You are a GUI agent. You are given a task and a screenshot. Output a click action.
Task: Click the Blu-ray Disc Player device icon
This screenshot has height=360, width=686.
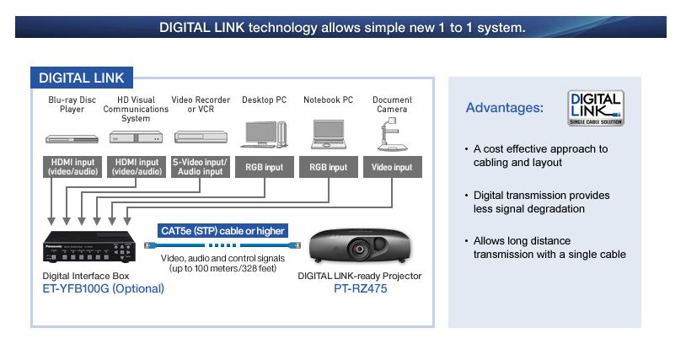click(72, 139)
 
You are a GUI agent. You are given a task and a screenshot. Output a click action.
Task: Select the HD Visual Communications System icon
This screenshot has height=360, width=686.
click(136, 137)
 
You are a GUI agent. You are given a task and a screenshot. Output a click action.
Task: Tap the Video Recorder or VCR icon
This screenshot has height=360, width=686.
click(201, 137)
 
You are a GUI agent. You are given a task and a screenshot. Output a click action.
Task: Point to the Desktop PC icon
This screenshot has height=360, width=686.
click(264, 134)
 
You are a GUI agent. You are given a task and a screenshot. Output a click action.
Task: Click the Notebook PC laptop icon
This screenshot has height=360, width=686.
click(329, 134)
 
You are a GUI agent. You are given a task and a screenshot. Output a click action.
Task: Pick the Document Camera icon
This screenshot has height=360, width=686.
click(392, 134)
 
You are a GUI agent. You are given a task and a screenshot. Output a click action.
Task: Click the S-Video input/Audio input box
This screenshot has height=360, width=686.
click(200, 167)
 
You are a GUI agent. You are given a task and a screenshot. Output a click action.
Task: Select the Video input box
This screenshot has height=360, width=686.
click(393, 167)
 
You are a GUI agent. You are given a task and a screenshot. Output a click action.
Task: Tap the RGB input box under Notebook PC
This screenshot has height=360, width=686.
click(328, 167)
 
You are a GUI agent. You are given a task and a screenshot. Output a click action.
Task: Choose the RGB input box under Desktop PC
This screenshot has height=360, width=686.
click(265, 167)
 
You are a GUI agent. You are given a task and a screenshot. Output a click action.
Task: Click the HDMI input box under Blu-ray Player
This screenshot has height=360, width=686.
click(72, 167)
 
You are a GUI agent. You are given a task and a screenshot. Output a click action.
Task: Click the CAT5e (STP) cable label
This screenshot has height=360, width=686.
click(222, 230)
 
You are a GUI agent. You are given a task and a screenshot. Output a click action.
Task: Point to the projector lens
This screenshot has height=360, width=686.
click(360, 249)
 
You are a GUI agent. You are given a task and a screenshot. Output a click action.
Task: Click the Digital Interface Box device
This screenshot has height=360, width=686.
click(88, 246)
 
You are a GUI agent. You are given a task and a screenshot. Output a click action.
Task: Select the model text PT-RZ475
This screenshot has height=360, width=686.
click(360, 288)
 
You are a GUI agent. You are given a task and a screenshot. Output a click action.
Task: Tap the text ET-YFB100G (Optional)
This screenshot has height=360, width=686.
click(104, 288)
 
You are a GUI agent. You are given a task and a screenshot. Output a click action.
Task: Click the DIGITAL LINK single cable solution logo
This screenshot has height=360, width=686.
click(596, 108)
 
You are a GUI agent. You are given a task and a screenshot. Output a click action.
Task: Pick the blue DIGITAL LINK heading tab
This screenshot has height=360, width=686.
click(82, 78)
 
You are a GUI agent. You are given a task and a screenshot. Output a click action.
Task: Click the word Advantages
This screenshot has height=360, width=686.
click(505, 108)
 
